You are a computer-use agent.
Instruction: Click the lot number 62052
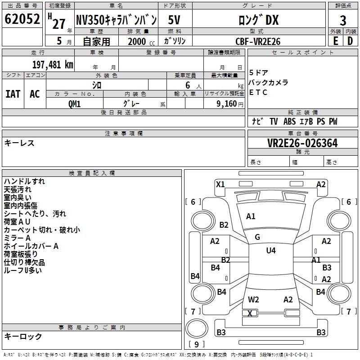click(x=21, y=20)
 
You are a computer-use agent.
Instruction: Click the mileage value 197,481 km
click(x=53, y=64)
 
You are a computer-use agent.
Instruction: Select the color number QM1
click(x=75, y=103)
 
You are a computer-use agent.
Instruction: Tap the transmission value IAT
click(x=13, y=94)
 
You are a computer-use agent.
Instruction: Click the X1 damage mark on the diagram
click(x=220, y=184)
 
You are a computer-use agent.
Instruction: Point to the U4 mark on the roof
click(x=270, y=251)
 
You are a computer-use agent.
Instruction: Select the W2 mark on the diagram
click(x=253, y=299)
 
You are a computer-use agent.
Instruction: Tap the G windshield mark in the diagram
click(x=257, y=237)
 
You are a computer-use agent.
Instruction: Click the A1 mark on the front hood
click(x=251, y=216)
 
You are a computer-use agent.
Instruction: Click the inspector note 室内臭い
click(x=18, y=198)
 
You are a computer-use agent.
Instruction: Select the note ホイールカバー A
click(x=31, y=246)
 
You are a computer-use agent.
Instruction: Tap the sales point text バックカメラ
click(x=269, y=83)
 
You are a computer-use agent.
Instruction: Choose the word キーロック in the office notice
click(x=23, y=336)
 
